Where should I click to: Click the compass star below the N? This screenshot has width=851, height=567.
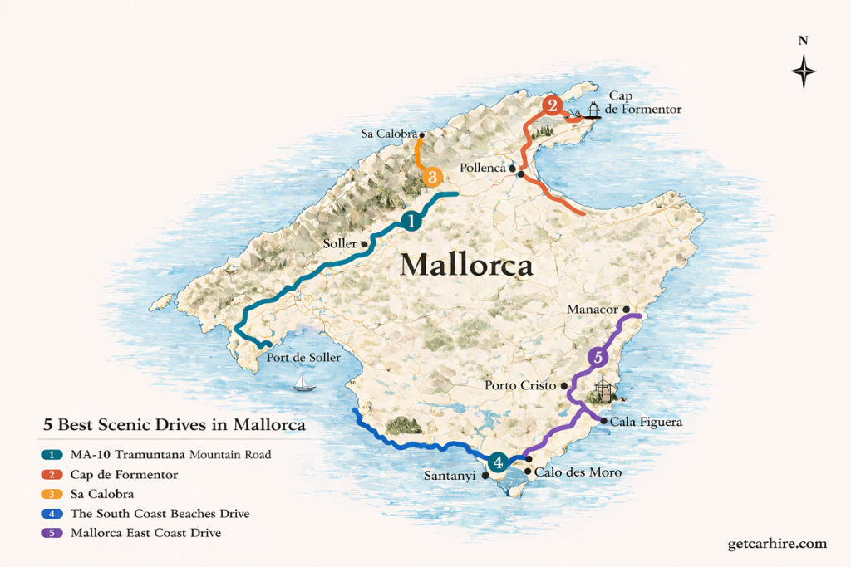[804, 71]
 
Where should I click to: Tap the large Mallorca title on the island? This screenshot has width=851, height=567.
[466, 265]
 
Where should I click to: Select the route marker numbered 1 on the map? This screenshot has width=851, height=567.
[411, 220]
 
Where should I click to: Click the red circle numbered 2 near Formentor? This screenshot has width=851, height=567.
[552, 105]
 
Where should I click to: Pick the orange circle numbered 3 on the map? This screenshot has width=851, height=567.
[431, 177]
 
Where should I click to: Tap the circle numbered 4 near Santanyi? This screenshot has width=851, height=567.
[497, 462]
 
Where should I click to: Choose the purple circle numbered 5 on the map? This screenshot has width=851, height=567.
[598, 358]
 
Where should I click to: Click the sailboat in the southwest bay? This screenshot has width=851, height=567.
[305, 382]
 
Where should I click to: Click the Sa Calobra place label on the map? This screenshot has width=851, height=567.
[389, 134]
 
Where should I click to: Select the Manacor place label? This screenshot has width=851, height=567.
[593, 310]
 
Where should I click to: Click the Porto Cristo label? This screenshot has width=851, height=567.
[521, 385]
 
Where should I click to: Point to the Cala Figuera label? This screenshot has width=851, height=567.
[646, 422]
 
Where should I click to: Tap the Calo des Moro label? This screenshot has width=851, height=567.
[578, 472]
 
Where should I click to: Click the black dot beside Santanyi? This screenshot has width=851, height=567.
[485, 476]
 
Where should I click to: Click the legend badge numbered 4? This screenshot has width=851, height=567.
[52, 514]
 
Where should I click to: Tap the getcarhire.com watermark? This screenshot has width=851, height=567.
[776, 544]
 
